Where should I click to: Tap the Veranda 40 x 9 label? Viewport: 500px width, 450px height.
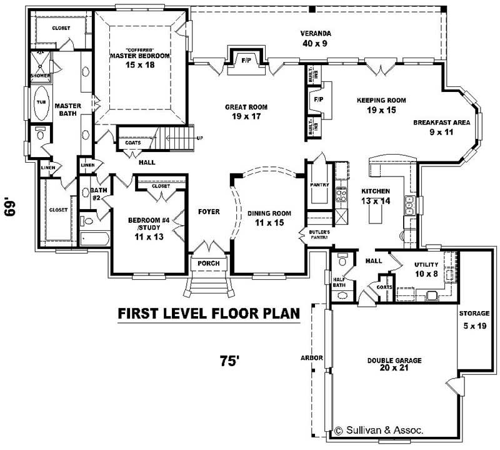[x=315, y=38]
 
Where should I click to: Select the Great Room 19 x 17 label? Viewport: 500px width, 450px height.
[x=246, y=111]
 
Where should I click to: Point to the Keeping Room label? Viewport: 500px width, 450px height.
[x=381, y=105]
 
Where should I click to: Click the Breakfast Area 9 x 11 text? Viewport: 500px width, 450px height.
[x=441, y=127]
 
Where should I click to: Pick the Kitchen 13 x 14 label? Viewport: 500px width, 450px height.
[x=376, y=196]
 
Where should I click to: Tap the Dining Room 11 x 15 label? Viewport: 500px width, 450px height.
[x=269, y=218]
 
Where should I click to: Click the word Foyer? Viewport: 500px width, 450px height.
[x=209, y=212]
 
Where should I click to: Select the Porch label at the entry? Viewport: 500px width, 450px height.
[x=209, y=263]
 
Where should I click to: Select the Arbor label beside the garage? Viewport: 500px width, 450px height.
[x=311, y=358]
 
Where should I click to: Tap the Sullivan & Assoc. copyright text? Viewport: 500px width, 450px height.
[x=379, y=430]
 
